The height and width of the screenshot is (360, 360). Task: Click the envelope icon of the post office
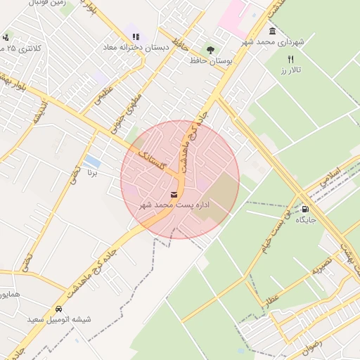(174, 195)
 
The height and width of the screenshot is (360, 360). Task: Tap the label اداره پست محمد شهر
(174, 205)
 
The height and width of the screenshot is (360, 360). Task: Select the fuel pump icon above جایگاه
(304, 209)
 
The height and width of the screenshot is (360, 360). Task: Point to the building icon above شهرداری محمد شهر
(272, 32)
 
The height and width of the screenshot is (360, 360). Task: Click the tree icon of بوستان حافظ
(210, 49)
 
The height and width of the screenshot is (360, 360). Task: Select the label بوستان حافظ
(211, 60)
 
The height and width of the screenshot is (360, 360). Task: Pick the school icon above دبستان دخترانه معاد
(136, 36)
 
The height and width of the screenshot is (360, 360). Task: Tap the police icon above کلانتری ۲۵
(6, 37)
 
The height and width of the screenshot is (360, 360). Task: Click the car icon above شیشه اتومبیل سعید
(58, 309)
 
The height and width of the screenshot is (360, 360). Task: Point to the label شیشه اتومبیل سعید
(59, 319)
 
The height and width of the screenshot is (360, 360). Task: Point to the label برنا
(91, 172)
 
